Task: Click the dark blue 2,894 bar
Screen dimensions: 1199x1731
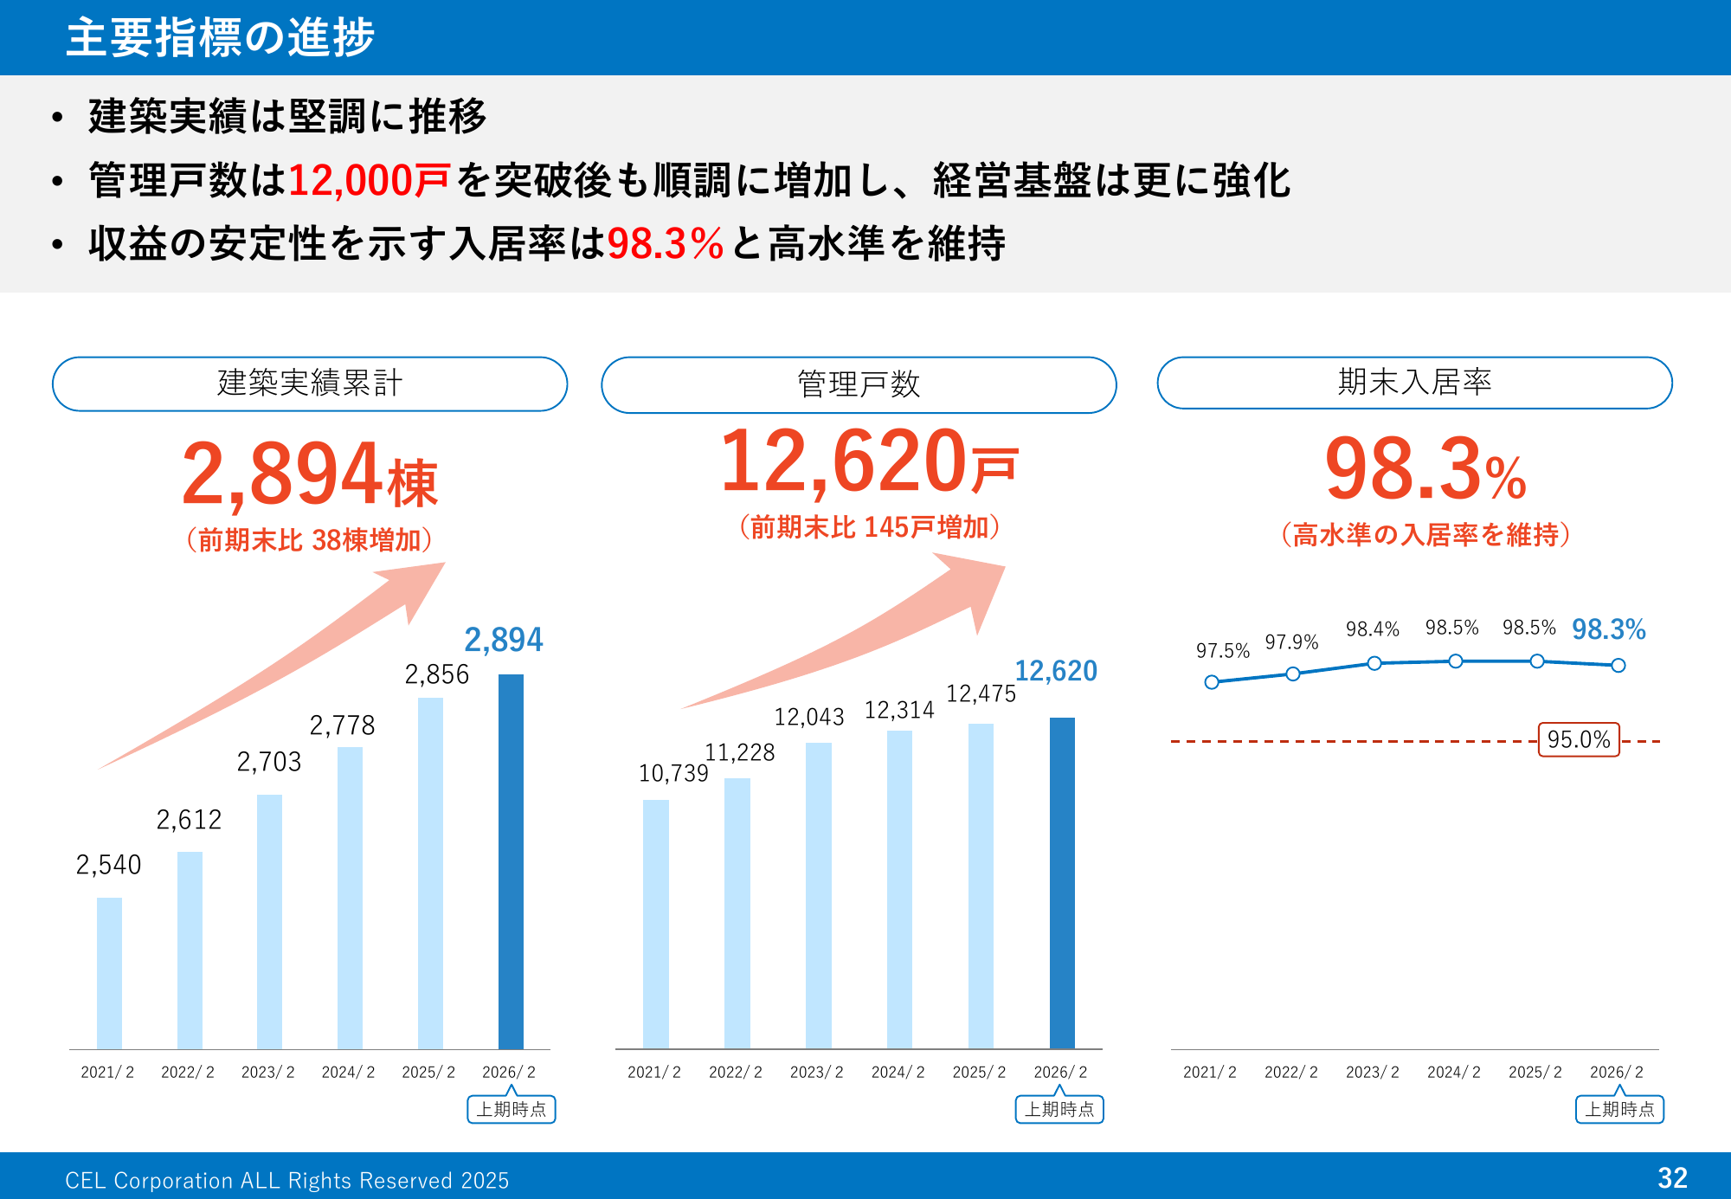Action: tap(511, 861)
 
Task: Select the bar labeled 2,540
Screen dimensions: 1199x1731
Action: tap(109, 973)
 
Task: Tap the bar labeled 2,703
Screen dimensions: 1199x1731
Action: tap(269, 921)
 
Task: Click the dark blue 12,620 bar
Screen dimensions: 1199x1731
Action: tap(1062, 883)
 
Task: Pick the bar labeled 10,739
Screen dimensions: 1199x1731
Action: tap(656, 924)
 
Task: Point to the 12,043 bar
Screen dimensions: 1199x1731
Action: tap(818, 895)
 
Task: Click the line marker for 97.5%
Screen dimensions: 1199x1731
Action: tap(1212, 682)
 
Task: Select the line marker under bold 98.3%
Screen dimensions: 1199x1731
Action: tap(1618, 666)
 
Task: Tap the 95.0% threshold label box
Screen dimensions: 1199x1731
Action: tap(1579, 740)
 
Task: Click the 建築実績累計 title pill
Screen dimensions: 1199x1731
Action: tap(310, 384)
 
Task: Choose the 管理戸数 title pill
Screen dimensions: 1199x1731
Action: tap(859, 384)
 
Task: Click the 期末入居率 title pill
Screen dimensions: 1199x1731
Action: tap(1414, 383)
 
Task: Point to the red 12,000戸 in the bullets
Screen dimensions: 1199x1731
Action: tap(369, 181)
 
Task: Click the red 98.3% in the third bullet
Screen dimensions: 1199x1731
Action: tap(665, 243)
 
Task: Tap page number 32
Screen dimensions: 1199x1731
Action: tap(1672, 1177)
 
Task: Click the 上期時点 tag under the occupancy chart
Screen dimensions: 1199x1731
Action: tap(1619, 1109)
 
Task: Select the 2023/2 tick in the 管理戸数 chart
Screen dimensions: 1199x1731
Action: tap(816, 1073)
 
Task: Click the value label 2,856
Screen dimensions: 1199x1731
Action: tap(437, 674)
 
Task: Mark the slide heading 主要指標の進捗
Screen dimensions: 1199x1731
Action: tap(221, 38)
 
